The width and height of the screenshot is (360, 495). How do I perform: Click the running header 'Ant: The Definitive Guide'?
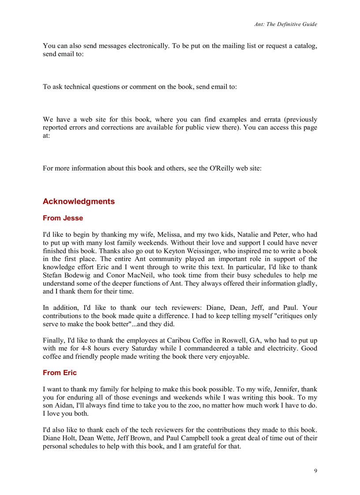click(x=285, y=24)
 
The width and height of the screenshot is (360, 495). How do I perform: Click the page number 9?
click(x=315, y=471)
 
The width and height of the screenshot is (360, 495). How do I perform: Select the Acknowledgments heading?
click(x=79, y=201)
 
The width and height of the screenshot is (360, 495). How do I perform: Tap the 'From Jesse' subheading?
click(x=63, y=218)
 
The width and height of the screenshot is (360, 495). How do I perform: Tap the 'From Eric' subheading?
click(x=60, y=373)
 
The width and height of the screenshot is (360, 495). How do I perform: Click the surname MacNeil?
click(x=133, y=275)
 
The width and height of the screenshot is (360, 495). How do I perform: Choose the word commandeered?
click(x=210, y=349)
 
